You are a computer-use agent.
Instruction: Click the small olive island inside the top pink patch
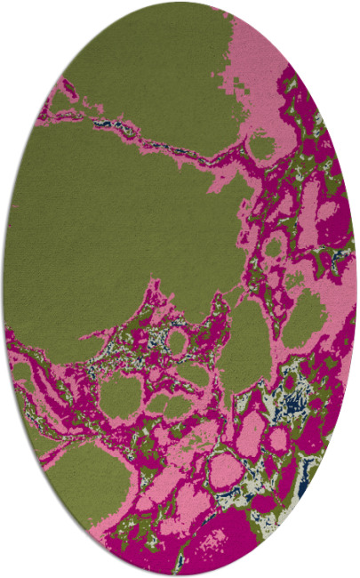(x=261, y=143)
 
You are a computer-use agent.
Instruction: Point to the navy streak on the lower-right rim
(x=304, y=488)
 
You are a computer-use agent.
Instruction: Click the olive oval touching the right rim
(x=307, y=316)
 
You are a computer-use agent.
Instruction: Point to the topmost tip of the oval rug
(x=180, y=2)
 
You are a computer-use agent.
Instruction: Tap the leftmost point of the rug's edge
(x=3, y=289)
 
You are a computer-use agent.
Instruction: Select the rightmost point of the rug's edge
(x=356, y=289)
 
